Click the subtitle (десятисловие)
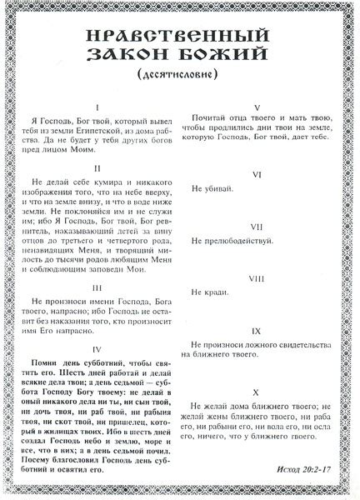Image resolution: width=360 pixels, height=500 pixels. (180, 77)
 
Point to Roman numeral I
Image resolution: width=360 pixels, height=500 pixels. (97, 108)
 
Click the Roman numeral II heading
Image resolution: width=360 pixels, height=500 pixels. (97, 167)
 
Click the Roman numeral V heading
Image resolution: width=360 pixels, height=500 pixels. (257, 108)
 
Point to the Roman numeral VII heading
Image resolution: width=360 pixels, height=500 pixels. (257, 227)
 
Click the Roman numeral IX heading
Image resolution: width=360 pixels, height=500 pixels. (257, 332)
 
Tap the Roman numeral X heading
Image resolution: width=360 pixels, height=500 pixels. (257, 391)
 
